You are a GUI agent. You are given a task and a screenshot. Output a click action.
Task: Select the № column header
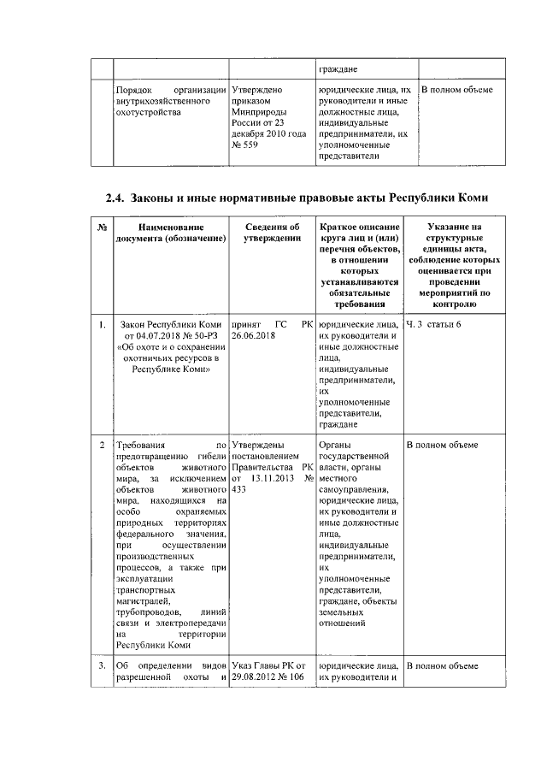coord(102,227)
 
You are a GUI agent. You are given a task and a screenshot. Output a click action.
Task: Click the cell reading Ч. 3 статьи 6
coord(433,324)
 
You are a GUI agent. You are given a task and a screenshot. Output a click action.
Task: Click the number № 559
coord(246,145)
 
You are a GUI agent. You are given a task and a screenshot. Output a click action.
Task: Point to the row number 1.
coord(102,324)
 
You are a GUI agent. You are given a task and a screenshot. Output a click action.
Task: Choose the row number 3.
coord(102,665)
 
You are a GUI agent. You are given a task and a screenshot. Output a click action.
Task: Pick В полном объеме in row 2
coord(441,446)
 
